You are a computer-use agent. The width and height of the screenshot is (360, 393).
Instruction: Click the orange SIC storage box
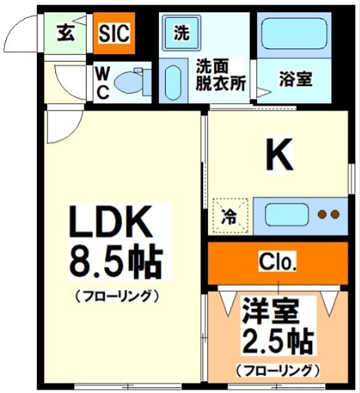[x=115, y=33]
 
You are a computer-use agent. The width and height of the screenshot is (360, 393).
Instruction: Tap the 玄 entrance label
[x=67, y=33]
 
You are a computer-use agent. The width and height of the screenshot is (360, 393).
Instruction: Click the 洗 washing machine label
[x=181, y=33]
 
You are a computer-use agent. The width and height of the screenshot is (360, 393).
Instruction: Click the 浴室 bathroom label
[x=296, y=79]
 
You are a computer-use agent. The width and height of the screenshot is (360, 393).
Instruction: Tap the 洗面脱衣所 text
[x=220, y=75]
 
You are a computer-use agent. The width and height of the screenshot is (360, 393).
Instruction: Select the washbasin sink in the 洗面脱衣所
[x=174, y=82]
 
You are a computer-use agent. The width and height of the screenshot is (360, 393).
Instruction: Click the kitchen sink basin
[x=287, y=215]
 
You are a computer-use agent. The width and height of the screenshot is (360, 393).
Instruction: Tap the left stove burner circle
[x=321, y=215]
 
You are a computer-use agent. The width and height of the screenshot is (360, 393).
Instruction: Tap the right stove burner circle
[x=334, y=215]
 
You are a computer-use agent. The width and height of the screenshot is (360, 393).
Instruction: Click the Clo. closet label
[x=278, y=263]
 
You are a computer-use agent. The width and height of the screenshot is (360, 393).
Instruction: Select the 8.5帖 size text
[x=115, y=263]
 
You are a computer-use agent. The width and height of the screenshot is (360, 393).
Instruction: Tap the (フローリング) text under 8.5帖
[x=117, y=296]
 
